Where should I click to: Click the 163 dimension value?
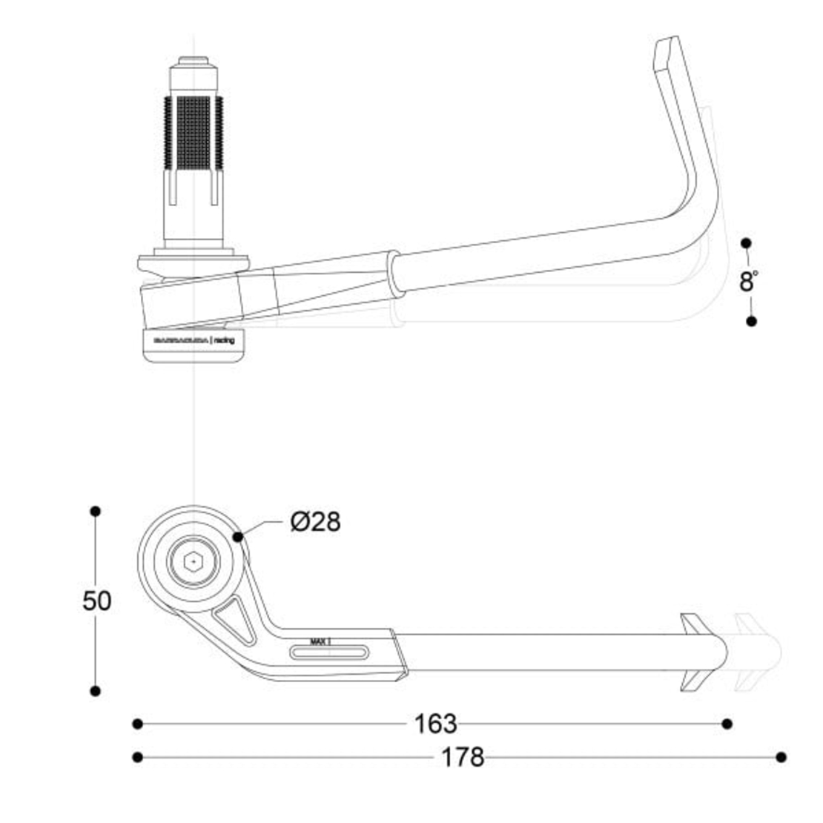(x=435, y=724)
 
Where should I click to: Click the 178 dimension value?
(x=463, y=757)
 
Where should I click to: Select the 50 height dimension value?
(x=96, y=601)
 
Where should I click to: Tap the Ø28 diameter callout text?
(x=316, y=522)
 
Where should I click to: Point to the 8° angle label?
(x=749, y=282)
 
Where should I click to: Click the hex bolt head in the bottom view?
(x=193, y=563)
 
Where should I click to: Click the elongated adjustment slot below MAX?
(x=329, y=652)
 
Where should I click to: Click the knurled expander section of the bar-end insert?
(x=193, y=133)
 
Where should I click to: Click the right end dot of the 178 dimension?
(x=781, y=757)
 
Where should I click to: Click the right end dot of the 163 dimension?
(x=727, y=724)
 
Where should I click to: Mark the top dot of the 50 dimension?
(x=95, y=512)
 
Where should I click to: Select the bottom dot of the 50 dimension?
(x=95, y=691)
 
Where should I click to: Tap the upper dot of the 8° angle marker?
(x=746, y=243)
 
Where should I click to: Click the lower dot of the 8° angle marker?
(x=751, y=321)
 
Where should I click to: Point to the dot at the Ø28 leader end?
(x=237, y=536)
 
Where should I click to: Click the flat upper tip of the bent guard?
(x=665, y=52)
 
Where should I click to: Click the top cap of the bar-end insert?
(x=194, y=64)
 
